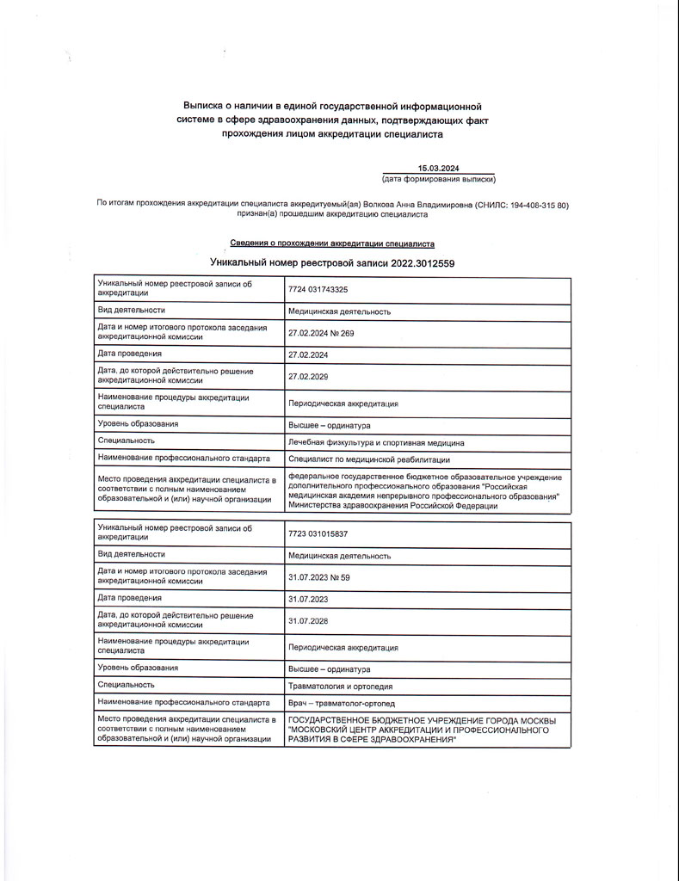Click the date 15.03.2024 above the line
coord(438,169)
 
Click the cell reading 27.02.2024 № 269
coord(320,333)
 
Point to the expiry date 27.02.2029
coord(308,376)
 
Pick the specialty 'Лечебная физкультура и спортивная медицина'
coord(376,443)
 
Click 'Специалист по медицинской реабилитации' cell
coord(368,459)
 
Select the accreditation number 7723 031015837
coord(318,534)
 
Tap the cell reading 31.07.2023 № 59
coord(318,577)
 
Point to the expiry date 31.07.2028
coord(308,620)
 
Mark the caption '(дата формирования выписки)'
coord(438,180)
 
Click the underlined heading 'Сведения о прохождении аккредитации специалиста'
coord(332,243)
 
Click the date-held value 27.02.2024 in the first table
coord(308,354)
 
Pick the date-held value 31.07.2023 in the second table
coord(308,598)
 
